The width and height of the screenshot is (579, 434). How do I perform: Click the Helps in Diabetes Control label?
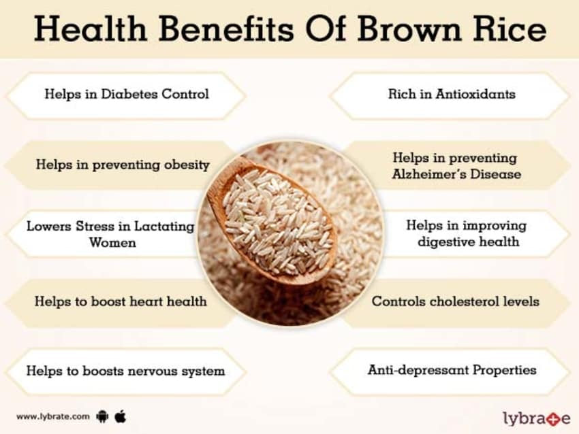click(x=127, y=94)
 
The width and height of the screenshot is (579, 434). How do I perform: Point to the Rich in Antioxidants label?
click(x=452, y=94)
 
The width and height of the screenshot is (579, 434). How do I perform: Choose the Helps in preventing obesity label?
click(x=123, y=165)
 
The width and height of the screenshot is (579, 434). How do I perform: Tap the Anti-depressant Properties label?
click(x=452, y=370)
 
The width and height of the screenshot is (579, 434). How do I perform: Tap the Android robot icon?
click(x=104, y=416)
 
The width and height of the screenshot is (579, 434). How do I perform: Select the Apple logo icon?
click(x=121, y=415)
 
